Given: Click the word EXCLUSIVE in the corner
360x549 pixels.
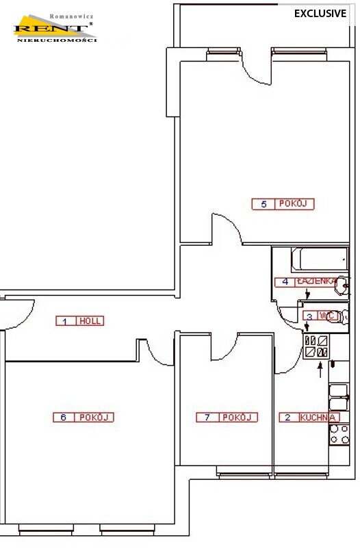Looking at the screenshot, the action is pyautogui.click(x=320, y=14).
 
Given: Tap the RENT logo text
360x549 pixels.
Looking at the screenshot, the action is pyautogui.click(x=51, y=29).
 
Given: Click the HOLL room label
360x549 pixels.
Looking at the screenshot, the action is pyautogui.click(x=90, y=321).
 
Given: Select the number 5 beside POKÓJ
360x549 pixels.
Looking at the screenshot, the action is pyautogui.click(x=264, y=204).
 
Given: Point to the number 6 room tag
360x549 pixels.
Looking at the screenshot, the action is pyautogui.click(x=64, y=418).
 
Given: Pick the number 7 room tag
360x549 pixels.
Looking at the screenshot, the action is pyautogui.click(x=207, y=418).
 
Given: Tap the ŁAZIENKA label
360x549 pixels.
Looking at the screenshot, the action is pyautogui.click(x=317, y=281).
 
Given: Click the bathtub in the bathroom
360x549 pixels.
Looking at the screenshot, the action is pyautogui.click(x=320, y=259).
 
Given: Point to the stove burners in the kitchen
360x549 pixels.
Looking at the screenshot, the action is pyautogui.click(x=339, y=435).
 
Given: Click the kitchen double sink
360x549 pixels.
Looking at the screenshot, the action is pyautogui.click(x=339, y=398).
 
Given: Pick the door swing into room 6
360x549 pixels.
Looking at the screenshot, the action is pyautogui.click(x=157, y=355).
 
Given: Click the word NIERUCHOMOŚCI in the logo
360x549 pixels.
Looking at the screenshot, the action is pyautogui.click(x=57, y=40).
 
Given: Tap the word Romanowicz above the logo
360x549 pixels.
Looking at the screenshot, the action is pyautogui.click(x=71, y=16).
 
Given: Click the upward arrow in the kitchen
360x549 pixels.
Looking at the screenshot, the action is pyautogui.click(x=320, y=370).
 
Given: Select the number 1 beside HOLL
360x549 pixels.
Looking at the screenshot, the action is pyautogui.click(x=65, y=322).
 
